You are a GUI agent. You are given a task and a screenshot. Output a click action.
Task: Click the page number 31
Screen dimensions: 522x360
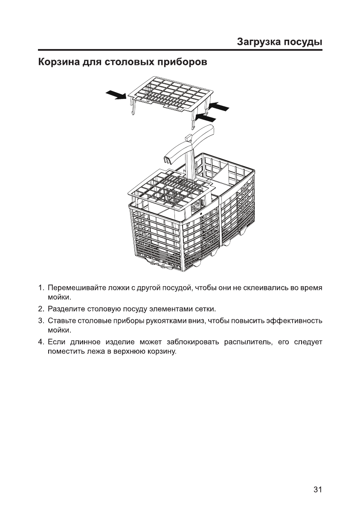coord(317,490)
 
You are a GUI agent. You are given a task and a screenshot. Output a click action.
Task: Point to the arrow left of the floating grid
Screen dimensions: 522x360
coord(116,94)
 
